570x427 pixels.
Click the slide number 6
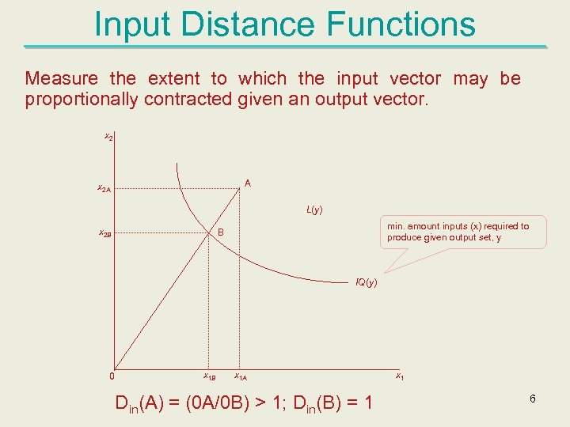[x=533, y=399]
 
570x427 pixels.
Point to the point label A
[x=248, y=183]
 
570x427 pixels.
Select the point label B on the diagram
[x=222, y=232]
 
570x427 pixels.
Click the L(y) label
[x=314, y=210]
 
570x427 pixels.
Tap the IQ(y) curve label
[x=366, y=282]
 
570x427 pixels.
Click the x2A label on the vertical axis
[x=104, y=189]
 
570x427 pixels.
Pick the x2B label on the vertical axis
[x=104, y=234]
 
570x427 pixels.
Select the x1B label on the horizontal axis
[x=210, y=376]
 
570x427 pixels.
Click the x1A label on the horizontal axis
[x=241, y=376]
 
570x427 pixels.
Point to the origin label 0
[x=112, y=376]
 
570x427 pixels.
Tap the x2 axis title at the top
[x=108, y=138]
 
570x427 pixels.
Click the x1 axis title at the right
[x=400, y=376]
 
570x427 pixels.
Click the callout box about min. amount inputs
[x=462, y=232]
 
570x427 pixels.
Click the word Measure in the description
[x=61, y=78]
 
